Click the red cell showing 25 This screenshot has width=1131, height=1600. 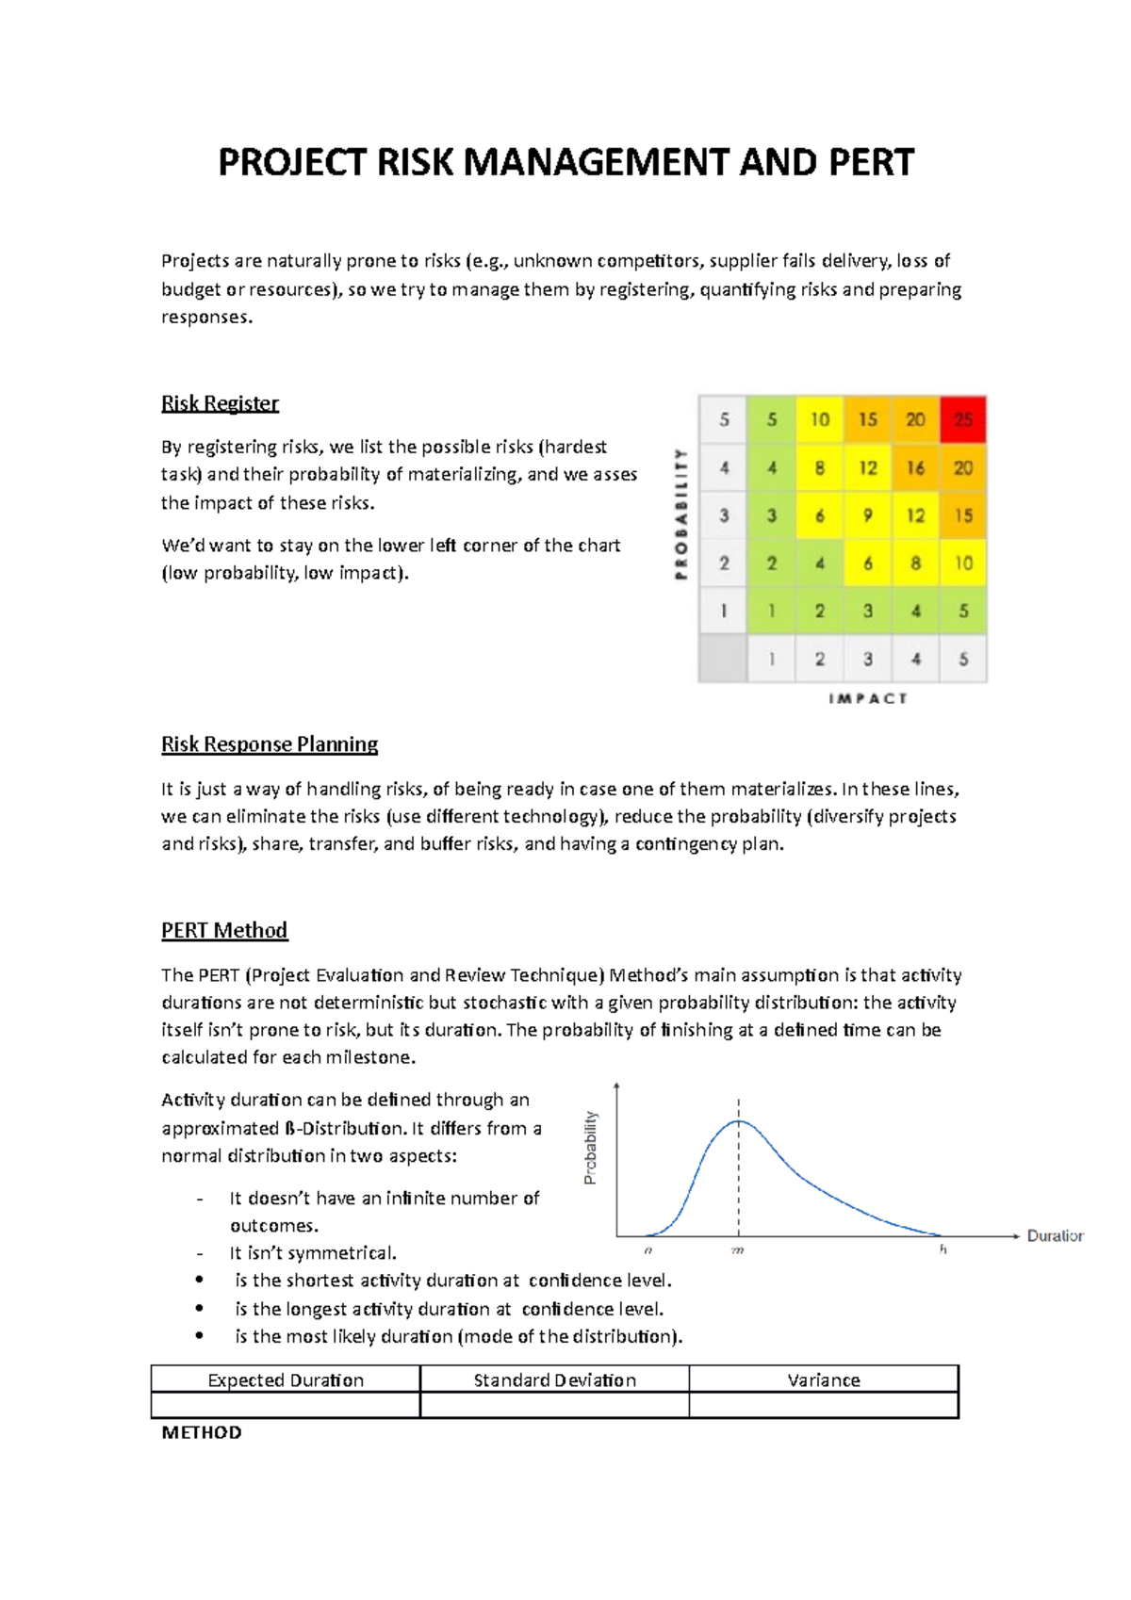[x=962, y=419]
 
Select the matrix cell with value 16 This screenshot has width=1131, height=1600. [x=915, y=467]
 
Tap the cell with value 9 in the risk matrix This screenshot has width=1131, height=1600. [x=867, y=515]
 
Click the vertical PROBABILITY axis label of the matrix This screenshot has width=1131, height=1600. [x=680, y=514]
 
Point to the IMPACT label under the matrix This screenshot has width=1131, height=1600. [x=867, y=698]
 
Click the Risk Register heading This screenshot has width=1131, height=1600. [x=220, y=403]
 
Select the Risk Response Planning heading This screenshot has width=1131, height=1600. [x=270, y=744]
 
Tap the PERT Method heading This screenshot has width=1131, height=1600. [x=224, y=930]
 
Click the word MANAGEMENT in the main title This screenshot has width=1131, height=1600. [x=595, y=162]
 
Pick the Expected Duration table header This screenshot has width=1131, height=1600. [x=286, y=1380]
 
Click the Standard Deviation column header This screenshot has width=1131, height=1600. [x=554, y=1380]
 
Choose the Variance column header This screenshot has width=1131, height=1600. [x=824, y=1380]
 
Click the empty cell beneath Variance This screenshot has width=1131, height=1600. [x=824, y=1405]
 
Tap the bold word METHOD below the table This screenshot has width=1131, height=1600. [x=202, y=1432]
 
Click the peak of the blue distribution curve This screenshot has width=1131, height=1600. [x=739, y=1121]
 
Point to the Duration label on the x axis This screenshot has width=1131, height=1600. [x=1055, y=1235]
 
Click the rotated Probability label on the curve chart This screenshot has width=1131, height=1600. [x=591, y=1148]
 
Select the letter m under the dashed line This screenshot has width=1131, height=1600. [x=738, y=1250]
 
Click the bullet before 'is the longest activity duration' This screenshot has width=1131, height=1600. [x=199, y=1308]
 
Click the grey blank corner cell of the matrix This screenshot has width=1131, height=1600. [x=723, y=659]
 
